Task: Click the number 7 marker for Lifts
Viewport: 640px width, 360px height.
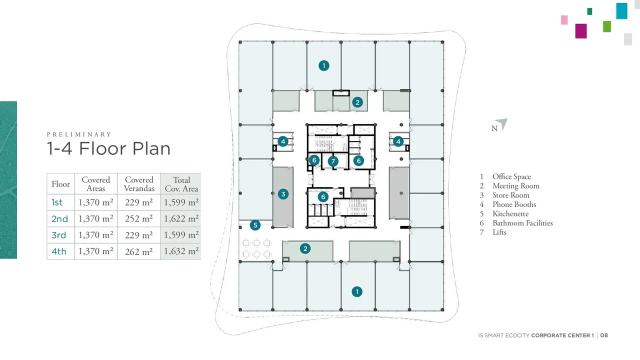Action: coord(333,161)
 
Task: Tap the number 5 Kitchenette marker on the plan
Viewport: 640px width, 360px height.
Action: coord(255,225)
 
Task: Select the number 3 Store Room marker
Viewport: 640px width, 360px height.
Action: coord(283,194)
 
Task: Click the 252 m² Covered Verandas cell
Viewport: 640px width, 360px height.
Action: coord(139,218)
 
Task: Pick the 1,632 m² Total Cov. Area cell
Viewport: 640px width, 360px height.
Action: coord(181,251)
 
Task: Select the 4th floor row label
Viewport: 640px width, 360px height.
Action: coord(59,251)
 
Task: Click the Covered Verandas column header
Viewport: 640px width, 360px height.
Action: coord(139,184)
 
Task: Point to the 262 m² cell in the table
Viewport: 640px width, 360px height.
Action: coord(139,251)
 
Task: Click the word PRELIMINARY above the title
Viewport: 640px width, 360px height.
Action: coord(79,134)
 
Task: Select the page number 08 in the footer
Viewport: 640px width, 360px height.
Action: coord(604,335)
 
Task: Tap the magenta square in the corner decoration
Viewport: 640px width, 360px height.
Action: coord(581,31)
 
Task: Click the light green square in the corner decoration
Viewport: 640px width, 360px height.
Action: coord(607,26)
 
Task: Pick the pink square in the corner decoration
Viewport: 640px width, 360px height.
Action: coord(564,20)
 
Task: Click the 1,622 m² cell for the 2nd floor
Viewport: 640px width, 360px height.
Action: coord(181,218)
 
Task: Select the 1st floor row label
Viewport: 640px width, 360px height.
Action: coord(57,202)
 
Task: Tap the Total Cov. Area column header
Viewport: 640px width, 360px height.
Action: coord(181,184)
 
